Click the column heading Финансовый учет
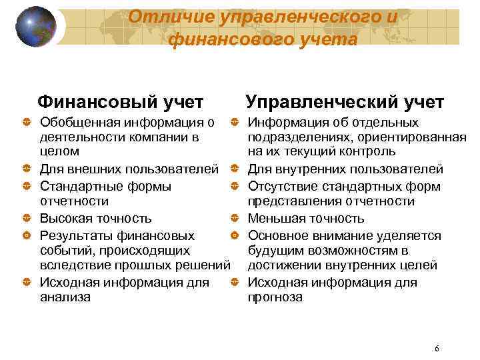point(120,102)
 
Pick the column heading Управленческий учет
point(344,102)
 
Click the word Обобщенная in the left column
point(79,122)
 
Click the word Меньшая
point(274,218)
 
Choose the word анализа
point(65,297)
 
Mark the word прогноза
point(275,297)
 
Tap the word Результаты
point(75,235)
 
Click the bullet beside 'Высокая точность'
point(25,219)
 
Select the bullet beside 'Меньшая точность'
point(235,219)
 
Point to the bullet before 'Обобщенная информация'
point(25,123)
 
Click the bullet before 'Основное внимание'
point(235,236)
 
